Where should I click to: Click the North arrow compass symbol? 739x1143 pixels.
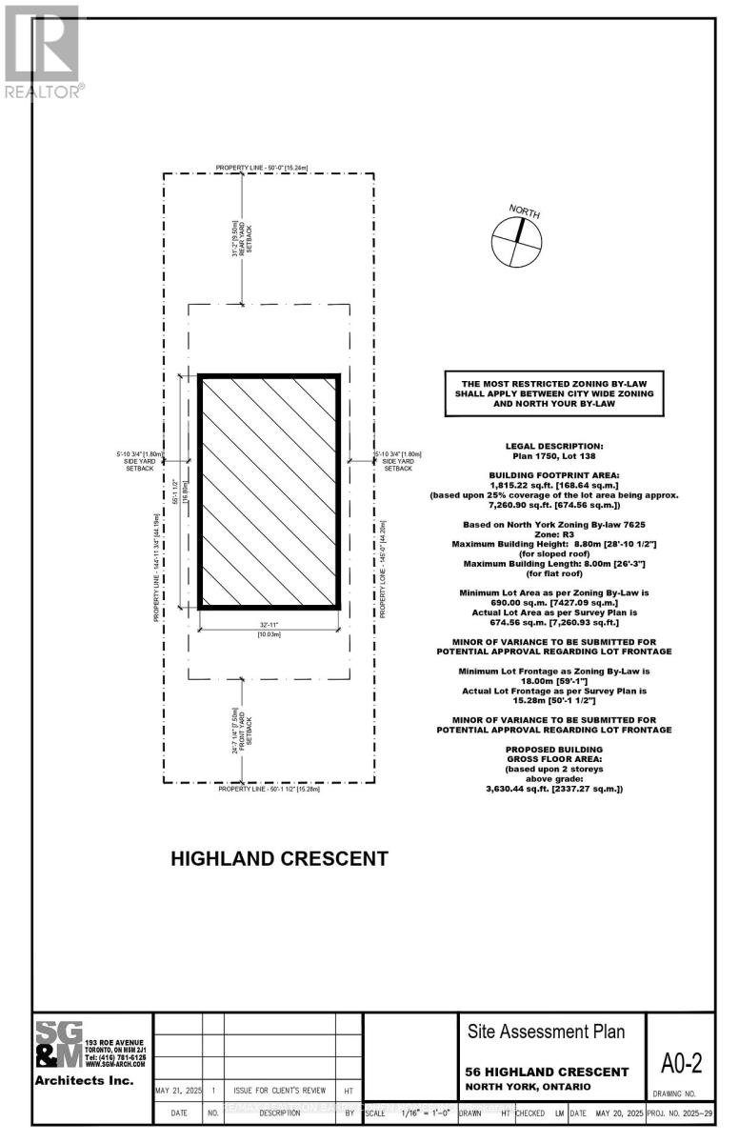tap(516, 240)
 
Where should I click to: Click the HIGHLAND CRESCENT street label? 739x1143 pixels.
tap(279, 858)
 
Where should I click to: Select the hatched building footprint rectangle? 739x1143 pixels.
tap(270, 491)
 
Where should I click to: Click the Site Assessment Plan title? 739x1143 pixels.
tap(547, 1032)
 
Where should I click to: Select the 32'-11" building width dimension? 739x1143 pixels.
tap(269, 623)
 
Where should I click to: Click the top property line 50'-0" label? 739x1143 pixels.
tap(268, 168)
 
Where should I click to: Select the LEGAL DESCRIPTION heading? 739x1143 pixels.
tap(553, 446)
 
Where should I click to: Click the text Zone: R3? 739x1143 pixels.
tap(554, 533)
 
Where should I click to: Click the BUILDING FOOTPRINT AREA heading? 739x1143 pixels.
tap(553, 473)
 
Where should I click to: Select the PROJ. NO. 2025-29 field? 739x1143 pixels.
tap(680, 1112)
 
